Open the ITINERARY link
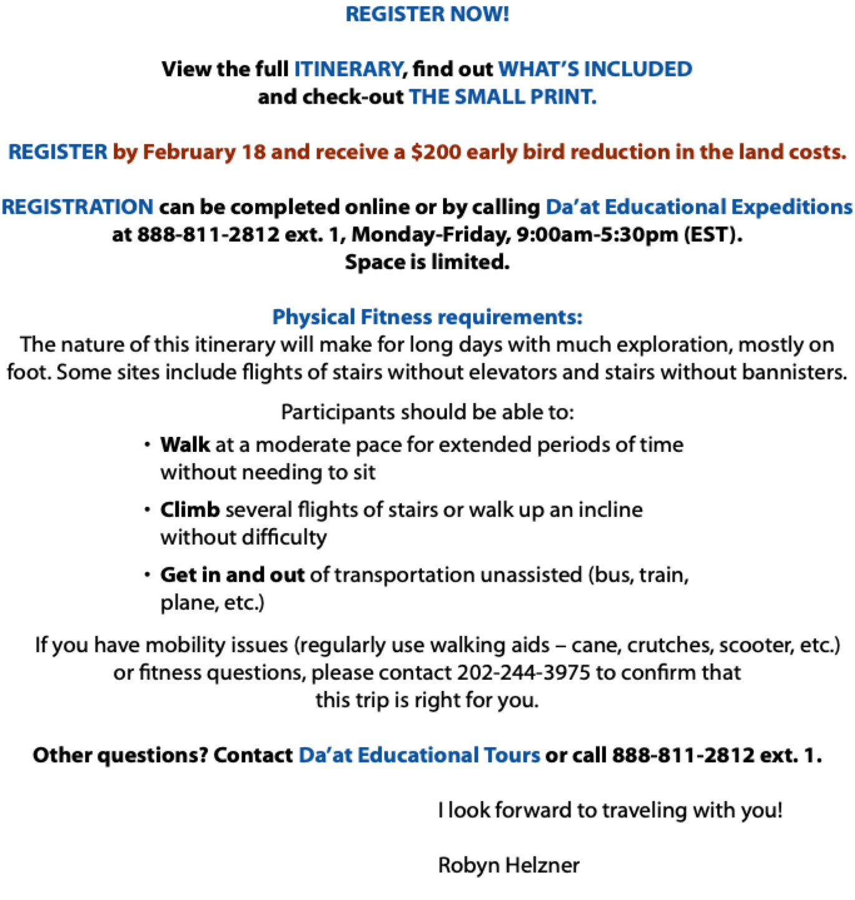pos(349,69)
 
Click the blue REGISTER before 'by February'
pos(57,152)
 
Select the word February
pos(189,152)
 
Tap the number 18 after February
pos(253,152)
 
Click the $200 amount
pos(436,152)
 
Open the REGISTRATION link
pos(77,207)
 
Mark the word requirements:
pos(510,317)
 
